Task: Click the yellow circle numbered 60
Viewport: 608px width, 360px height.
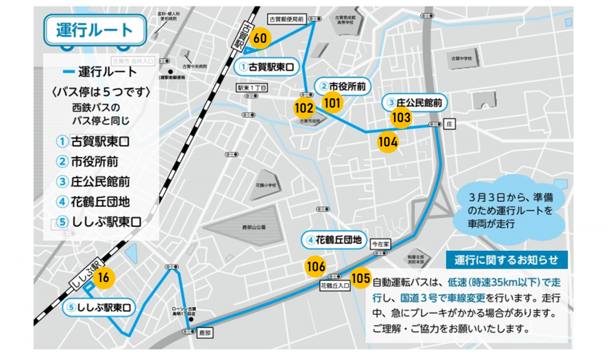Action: pos(260,38)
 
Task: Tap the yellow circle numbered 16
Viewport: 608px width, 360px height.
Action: pos(103,278)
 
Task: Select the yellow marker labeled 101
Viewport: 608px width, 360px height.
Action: pos(332,102)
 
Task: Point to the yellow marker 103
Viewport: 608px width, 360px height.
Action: pos(401,118)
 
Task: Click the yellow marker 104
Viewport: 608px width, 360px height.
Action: pos(388,142)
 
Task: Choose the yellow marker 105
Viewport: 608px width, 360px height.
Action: pos(360,278)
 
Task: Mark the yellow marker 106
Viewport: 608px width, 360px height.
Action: pos(316,266)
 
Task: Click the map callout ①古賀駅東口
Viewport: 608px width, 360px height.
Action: pos(267,67)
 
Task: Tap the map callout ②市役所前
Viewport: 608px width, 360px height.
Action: pos(344,85)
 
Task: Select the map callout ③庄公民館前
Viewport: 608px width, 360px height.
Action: pos(414,103)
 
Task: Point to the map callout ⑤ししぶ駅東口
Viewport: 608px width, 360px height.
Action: pos(100,308)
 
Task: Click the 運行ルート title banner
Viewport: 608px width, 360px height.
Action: pos(95,30)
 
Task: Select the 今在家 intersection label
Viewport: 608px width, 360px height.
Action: pos(382,244)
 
